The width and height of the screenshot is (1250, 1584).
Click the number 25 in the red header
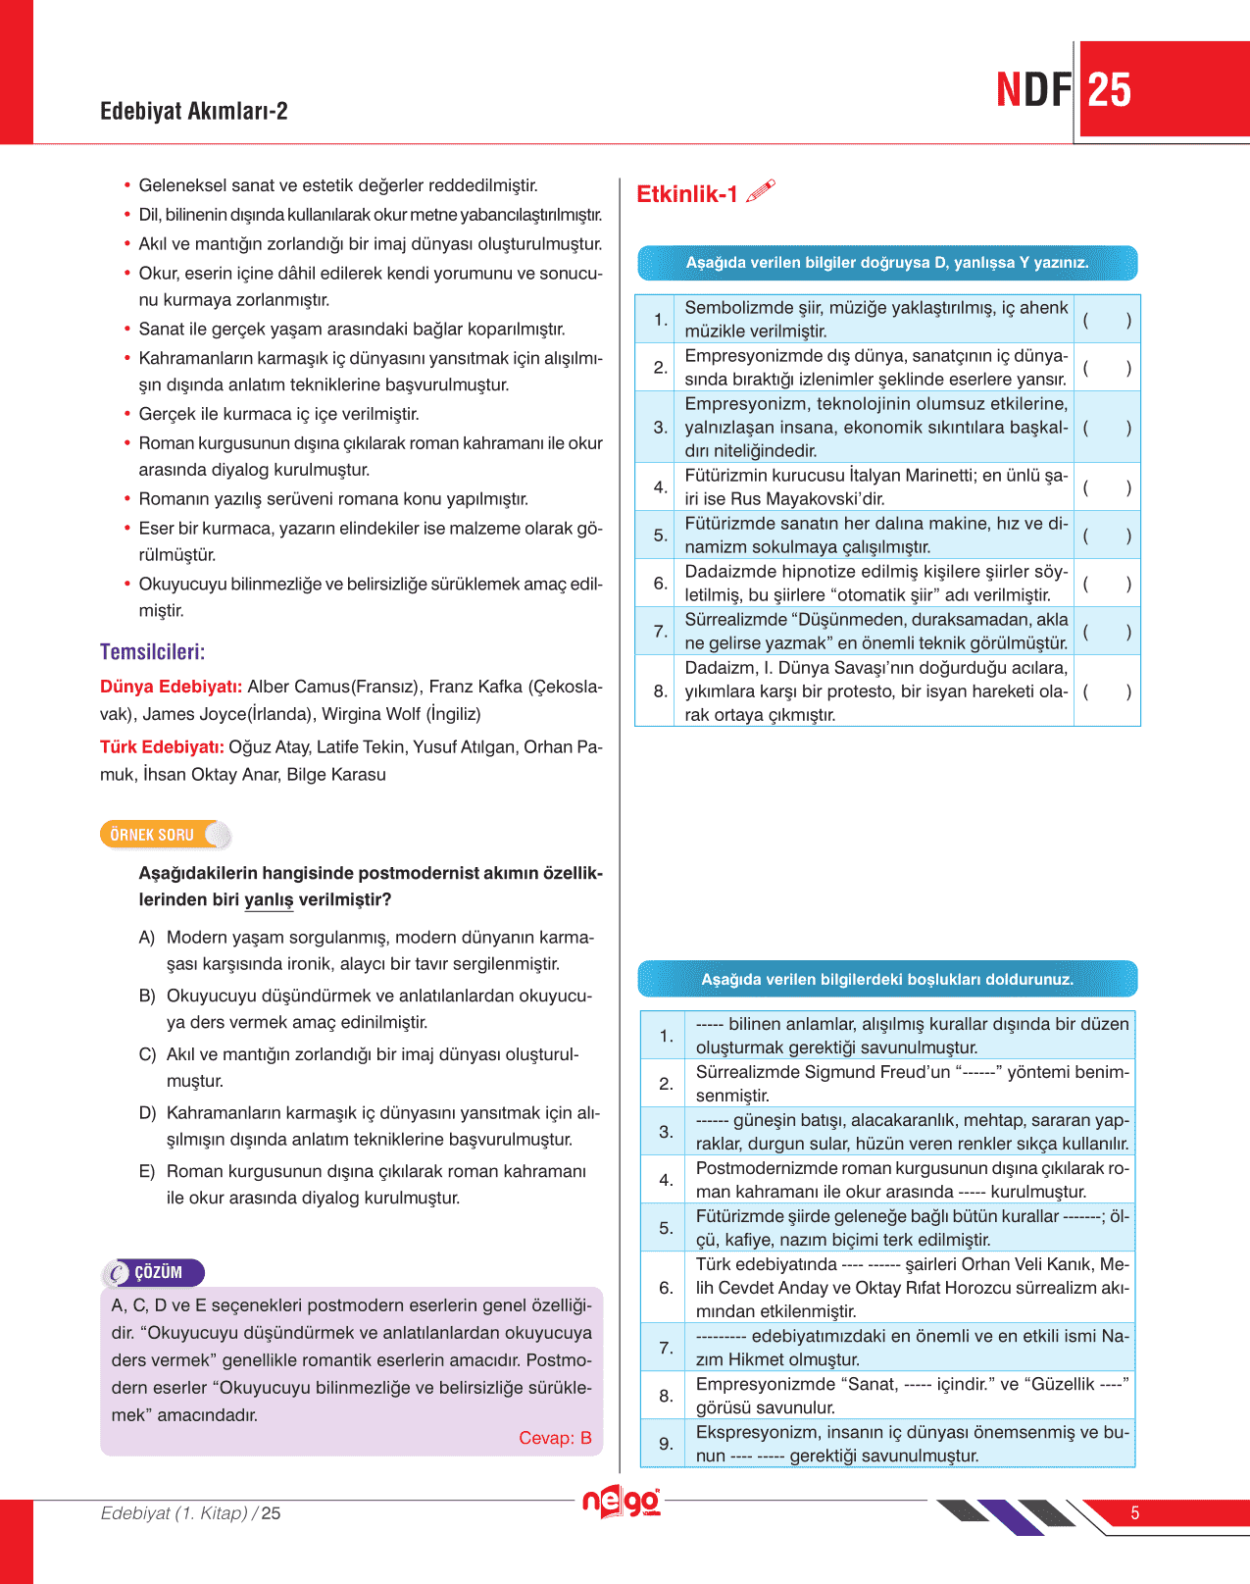pyautogui.click(x=1110, y=90)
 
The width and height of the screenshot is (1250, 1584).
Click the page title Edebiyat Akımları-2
pyautogui.click(x=194, y=111)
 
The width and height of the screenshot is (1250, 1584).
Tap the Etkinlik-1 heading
pyautogui.click(x=686, y=194)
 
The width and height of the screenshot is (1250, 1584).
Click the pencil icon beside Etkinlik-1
pyautogui.click(x=761, y=191)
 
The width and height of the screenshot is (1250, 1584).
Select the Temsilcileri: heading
pyautogui.click(x=152, y=652)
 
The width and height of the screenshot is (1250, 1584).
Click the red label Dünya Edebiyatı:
pyautogui.click(x=171, y=687)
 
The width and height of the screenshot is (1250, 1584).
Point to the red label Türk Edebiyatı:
pyautogui.click(x=162, y=747)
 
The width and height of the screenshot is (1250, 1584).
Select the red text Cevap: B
pyautogui.click(x=555, y=1438)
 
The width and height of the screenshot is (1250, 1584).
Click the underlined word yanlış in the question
pyautogui.click(x=269, y=900)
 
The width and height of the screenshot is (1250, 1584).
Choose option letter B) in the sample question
pyautogui.click(x=147, y=996)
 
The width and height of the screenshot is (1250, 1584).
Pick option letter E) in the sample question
pyautogui.click(x=147, y=1172)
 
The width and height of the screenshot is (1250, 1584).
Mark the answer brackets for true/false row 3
pyautogui.click(x=1107, y=428)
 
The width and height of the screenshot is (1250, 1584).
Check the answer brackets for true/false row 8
pyautogui.click(x=1107, y=691)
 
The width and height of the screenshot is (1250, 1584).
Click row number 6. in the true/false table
pyautogui.click(x=660, y=584)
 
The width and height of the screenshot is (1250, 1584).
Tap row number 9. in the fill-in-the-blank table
pyautogui.click(x=666, y=1444)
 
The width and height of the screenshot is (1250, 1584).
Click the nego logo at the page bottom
pyautogui.click(x=622, y=1503)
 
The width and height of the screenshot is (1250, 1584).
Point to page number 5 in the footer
pyautogui.click(x=1134, y=1513)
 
